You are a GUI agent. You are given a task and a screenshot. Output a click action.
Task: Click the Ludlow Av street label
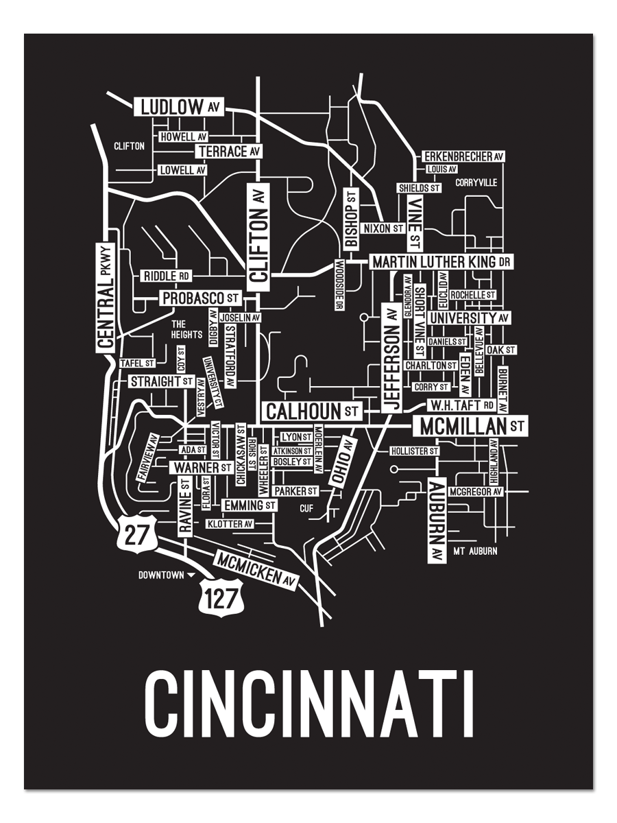(x=180, y=107)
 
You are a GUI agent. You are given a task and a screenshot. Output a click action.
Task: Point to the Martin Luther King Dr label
(x=441, y=262)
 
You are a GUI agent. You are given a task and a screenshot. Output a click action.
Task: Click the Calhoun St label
(x=312, y=411)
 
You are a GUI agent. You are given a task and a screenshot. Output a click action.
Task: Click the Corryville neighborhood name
(x=475, y=183)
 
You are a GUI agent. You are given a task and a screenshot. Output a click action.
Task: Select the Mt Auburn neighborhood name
(x=475, y=551)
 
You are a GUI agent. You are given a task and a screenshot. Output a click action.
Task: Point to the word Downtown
(x=161, y=575)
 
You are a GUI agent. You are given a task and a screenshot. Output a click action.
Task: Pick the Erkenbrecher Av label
(x=463, y=156)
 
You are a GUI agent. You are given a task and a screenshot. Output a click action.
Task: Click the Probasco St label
(x=201, y=298)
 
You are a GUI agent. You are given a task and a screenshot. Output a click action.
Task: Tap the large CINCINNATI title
(x=309, y=704)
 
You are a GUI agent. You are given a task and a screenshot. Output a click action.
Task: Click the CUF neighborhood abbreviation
(x=306, y=508)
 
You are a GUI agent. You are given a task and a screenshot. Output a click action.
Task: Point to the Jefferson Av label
(x=391, y=358)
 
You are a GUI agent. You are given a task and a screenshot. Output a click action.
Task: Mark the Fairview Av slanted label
(x=149, y=457)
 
